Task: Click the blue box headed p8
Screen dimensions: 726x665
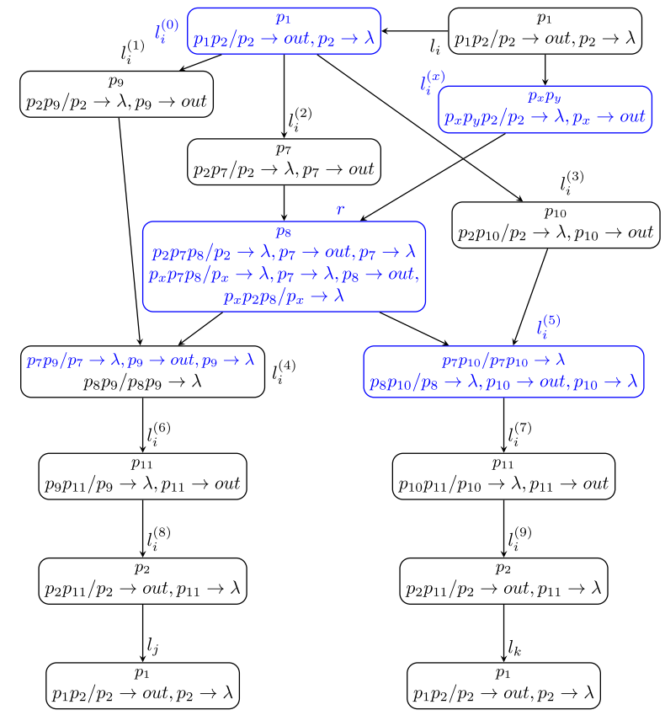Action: coord(285,265)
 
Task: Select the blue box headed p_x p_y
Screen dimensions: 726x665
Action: coord(545,109)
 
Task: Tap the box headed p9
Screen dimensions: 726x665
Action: coord(118,93)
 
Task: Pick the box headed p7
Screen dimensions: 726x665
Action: coord(284,161)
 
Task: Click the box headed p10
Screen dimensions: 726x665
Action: coord(556,225)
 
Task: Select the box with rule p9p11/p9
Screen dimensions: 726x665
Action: coord(143,476)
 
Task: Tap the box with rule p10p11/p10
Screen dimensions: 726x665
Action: coord(503,476)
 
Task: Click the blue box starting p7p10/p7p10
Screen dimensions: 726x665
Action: coord(503,371)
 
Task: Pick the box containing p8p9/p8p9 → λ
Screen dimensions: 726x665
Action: coord(137,371)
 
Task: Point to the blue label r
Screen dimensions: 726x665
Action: coord(341,210)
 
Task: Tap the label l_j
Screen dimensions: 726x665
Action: coord(152,646)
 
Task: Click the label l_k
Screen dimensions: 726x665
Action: coord(514,646)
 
